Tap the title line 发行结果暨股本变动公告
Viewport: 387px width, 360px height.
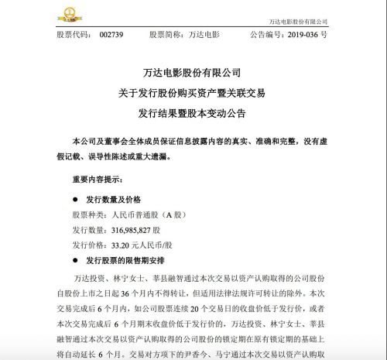pyautogui.click(x=193, y=112)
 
